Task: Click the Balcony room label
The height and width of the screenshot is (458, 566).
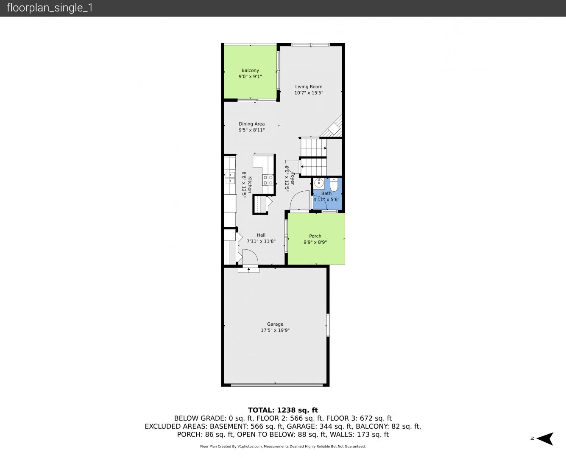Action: (x=250, y=70)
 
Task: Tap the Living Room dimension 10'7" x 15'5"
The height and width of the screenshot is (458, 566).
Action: (x=309, y=93)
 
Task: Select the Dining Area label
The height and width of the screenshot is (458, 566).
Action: (x=252, y=124)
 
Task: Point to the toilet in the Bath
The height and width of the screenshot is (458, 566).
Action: (x=334, y=184)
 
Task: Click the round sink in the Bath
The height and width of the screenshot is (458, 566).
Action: (x=318, y=183)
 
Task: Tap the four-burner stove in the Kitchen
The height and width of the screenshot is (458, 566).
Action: (x=268, y=180)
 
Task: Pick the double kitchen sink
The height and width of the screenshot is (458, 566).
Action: (x=230, y=178)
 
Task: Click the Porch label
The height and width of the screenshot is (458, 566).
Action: (x=315, y=236)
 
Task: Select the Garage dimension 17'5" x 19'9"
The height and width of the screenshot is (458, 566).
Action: (x=275, y=330)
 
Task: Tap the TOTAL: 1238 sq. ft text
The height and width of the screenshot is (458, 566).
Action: (x=283, y=410)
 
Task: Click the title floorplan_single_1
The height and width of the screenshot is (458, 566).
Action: (x=50, y=8)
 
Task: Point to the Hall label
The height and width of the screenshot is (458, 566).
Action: (x=261, y=235)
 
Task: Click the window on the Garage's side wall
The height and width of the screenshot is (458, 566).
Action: (x=328, y=325)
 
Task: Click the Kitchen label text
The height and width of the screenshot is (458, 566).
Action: (x=250, y=184)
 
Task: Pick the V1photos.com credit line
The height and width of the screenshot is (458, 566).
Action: (x=283, y=446)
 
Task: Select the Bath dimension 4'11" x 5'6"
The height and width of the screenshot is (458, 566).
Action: (x=326, y=199)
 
